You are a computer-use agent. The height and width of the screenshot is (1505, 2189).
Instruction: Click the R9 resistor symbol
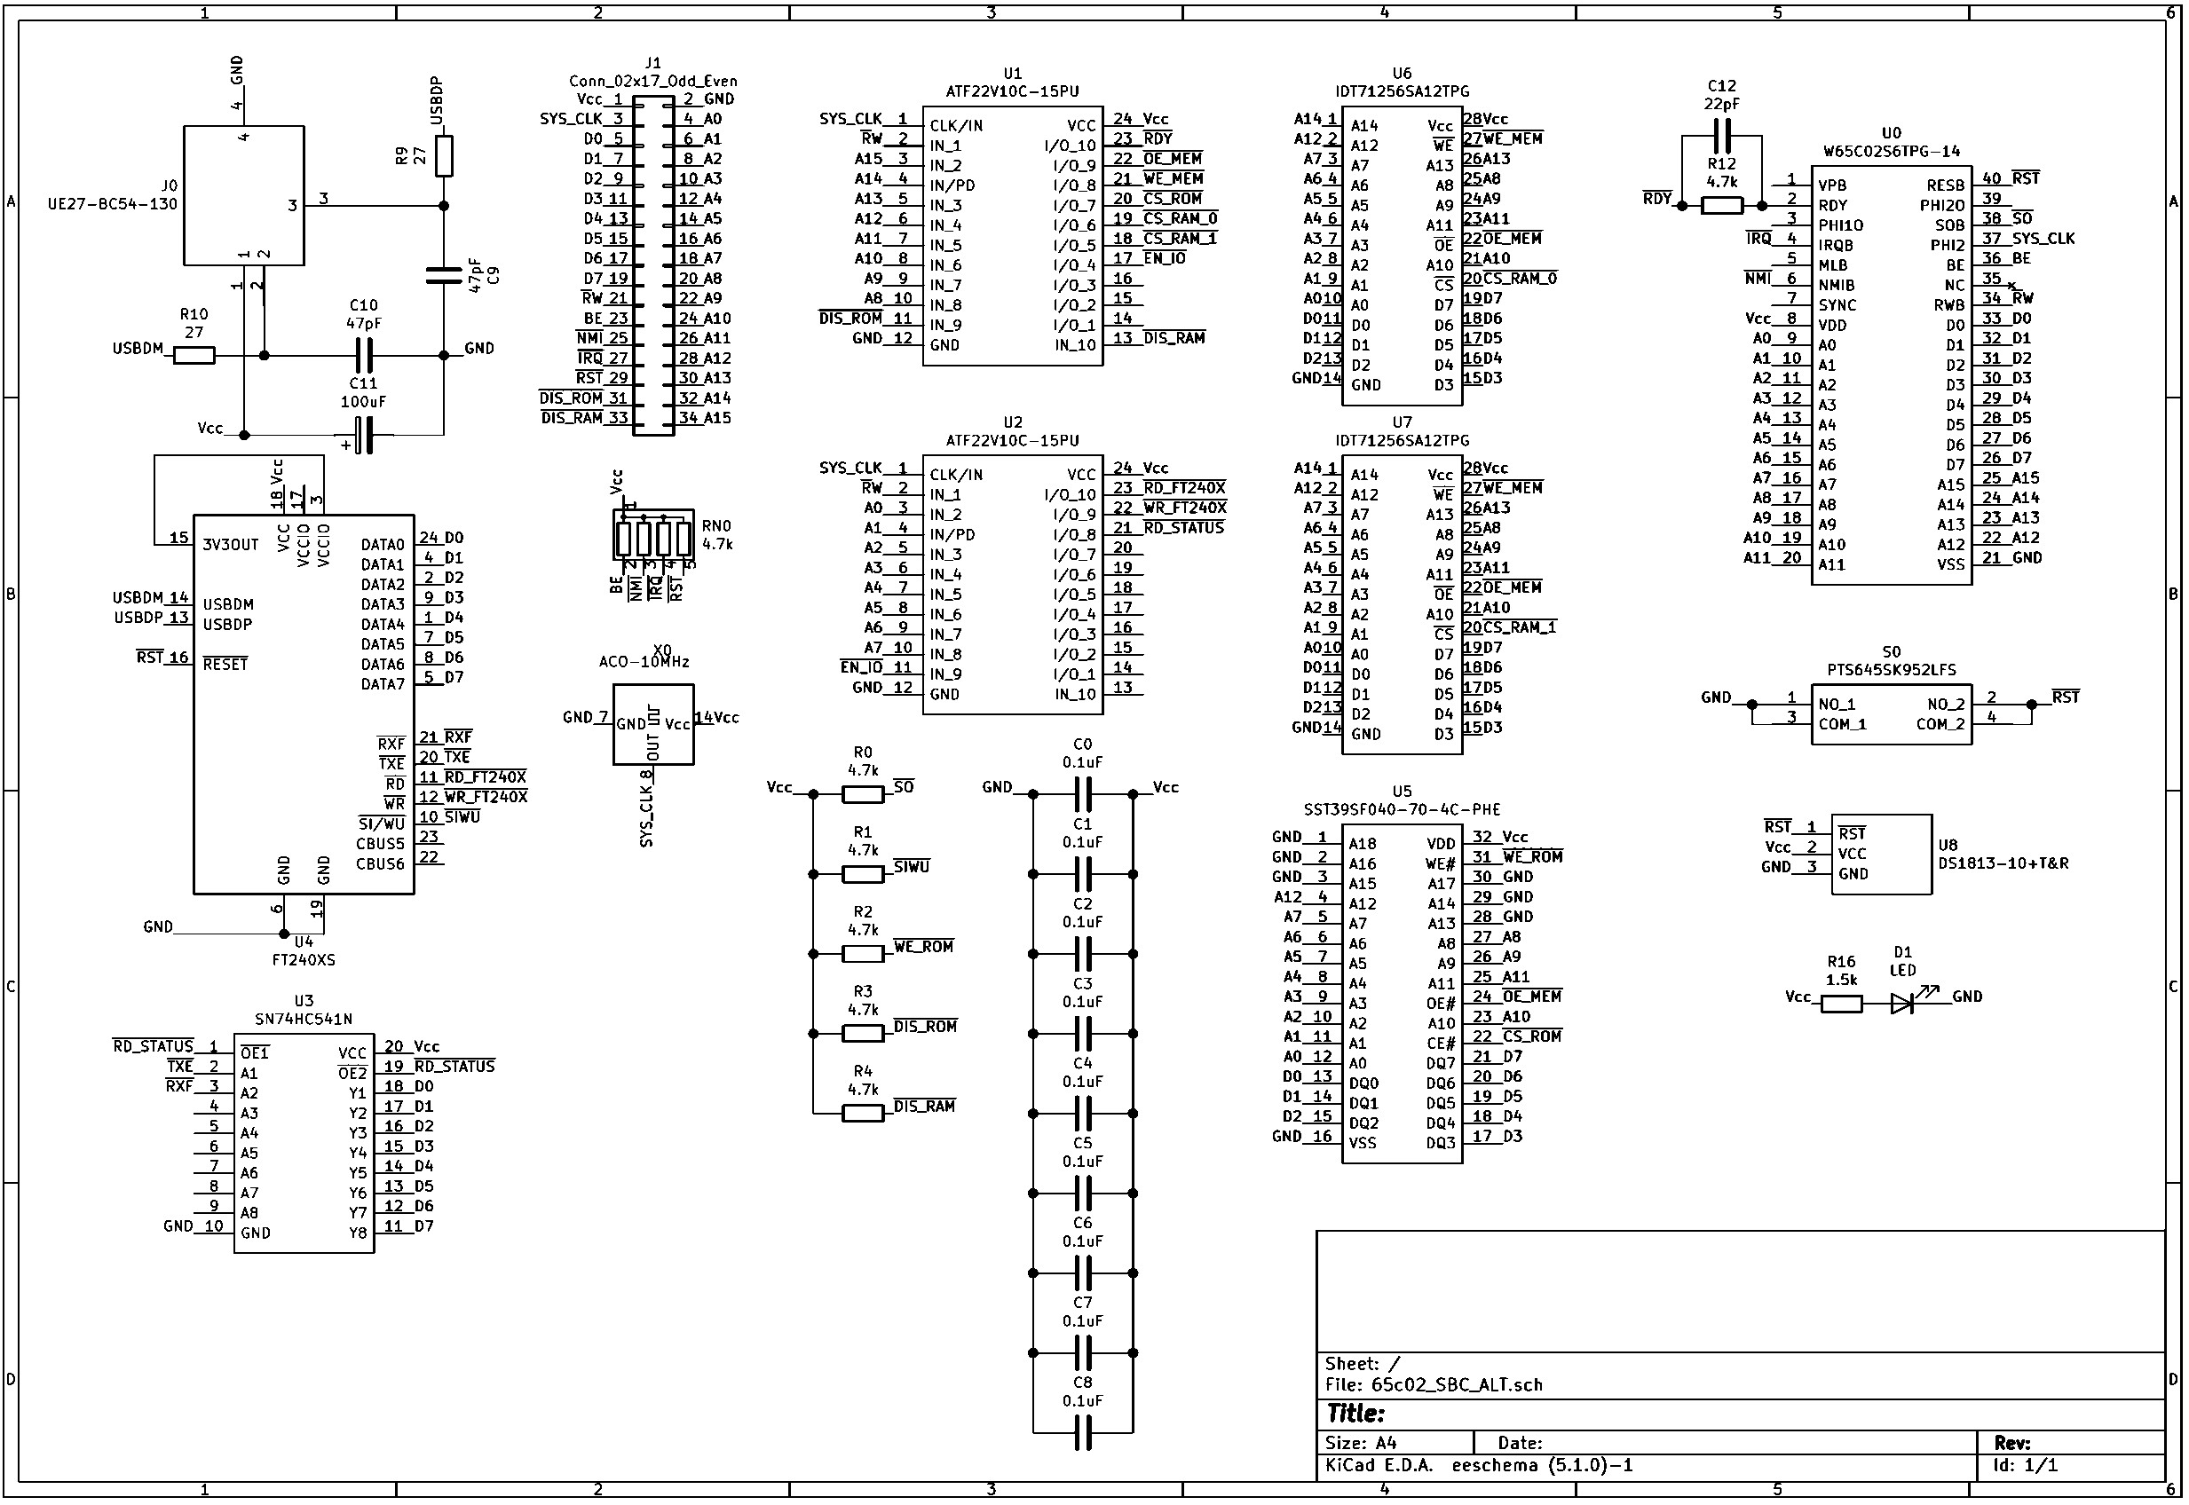pos(444,156)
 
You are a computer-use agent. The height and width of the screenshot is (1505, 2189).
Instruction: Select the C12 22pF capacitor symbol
pos(1722,138)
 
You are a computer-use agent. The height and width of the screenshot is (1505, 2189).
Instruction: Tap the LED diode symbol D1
pos(1903,1004)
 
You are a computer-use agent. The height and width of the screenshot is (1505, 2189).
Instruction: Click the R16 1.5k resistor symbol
pos(1841,1005)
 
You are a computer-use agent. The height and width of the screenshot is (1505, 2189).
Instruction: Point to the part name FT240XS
pos(304,961)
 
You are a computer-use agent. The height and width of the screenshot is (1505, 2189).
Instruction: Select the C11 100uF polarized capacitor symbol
pos(364,436)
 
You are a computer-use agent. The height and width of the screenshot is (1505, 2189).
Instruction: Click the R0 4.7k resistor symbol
pos(862,795)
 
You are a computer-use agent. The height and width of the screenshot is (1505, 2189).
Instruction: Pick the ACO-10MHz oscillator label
pos(644,662)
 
